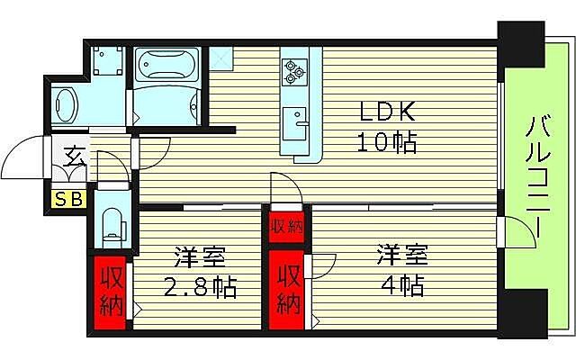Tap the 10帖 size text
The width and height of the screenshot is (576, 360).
(385, 142)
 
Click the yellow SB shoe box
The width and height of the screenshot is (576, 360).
(68, 200)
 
